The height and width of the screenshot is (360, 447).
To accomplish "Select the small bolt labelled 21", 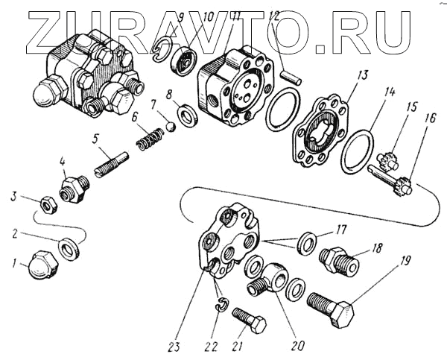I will click(249, 322).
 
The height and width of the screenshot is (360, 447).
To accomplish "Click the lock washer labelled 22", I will click(221, 304).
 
